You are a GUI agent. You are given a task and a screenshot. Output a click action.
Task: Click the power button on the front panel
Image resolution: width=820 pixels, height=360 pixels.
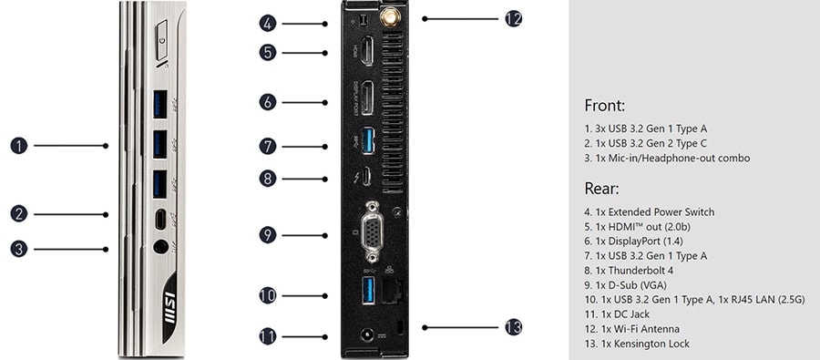(162, 44)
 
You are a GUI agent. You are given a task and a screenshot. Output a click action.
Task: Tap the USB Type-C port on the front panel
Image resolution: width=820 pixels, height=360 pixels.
(160, 219)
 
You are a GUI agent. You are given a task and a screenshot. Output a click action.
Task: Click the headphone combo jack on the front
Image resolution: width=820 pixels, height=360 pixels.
(160, 246)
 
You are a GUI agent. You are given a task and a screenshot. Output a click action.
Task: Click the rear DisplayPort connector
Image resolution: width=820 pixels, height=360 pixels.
(366, 99)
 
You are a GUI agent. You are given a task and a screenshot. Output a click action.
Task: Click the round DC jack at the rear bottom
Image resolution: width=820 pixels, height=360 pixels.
(369, 337)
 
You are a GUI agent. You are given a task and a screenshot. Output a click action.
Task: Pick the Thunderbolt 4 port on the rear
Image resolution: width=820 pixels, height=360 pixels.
(367, 177)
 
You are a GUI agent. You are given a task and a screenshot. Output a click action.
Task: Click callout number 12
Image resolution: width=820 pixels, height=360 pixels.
(513, 18)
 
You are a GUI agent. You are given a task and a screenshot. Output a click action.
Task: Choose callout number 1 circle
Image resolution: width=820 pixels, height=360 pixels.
(18, 145)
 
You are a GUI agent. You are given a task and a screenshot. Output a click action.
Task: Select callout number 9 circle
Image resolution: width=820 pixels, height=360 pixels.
(267, 235)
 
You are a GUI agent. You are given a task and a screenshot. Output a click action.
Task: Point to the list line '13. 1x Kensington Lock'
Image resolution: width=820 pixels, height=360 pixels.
(637, 344)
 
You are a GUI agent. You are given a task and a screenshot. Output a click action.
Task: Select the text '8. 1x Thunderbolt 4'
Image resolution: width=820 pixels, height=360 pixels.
(631, 271)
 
